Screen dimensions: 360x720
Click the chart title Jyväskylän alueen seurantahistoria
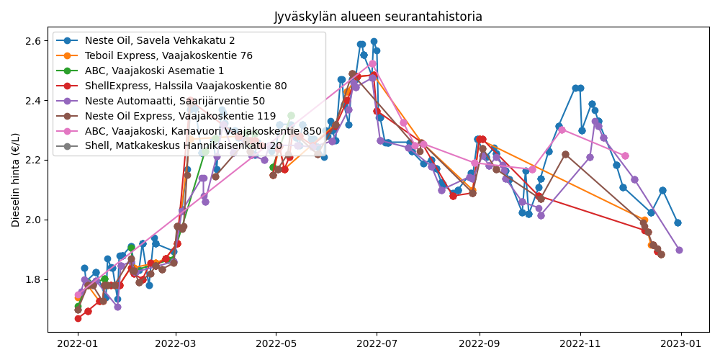pos(378,17)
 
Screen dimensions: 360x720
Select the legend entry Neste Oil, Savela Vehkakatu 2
pos(160,40)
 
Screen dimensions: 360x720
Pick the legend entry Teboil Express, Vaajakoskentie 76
pos(168,55)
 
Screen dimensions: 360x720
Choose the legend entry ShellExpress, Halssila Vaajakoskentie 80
pos(186,86)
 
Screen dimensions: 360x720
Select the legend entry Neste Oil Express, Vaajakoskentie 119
pos(180,116)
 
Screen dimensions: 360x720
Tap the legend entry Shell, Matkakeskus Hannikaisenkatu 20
pos(184,146)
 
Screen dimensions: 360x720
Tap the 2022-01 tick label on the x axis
pos(78,344)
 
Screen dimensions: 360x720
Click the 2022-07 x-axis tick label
pos(377,344)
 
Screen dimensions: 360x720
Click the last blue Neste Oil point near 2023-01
pos(678,222)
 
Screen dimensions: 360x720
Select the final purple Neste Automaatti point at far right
pos(679,250)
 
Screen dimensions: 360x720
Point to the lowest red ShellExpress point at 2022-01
pos(78,318)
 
